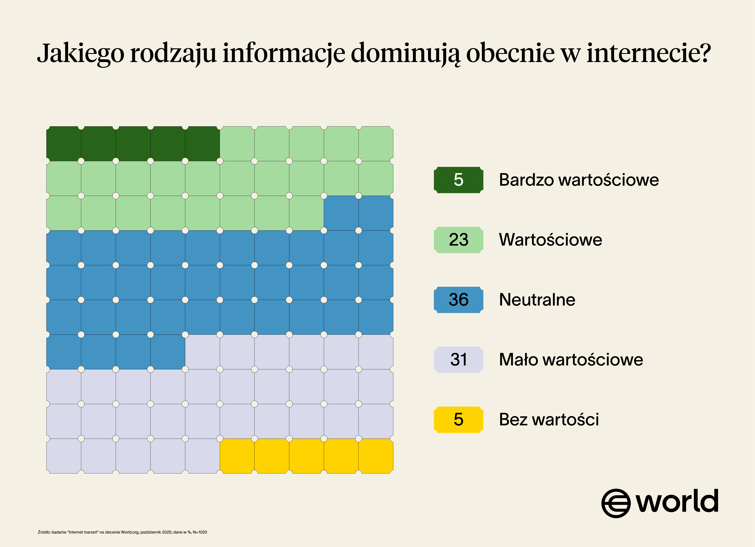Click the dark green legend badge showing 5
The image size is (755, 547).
[x=458, y=180]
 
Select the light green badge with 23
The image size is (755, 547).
[x=458, y=240]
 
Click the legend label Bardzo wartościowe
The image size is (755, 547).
[x=579, y=180]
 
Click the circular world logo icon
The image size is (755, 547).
[x=616, y=503]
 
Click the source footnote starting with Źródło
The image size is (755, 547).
[x=122, y=532]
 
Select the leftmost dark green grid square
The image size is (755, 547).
[x=64, y=144]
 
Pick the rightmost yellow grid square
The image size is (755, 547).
[x=376, y=456]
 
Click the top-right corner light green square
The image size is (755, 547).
[x=376, y=144]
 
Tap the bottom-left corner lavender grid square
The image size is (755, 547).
[x=64, y=456]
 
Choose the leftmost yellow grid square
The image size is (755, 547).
[x=237, y=456]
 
